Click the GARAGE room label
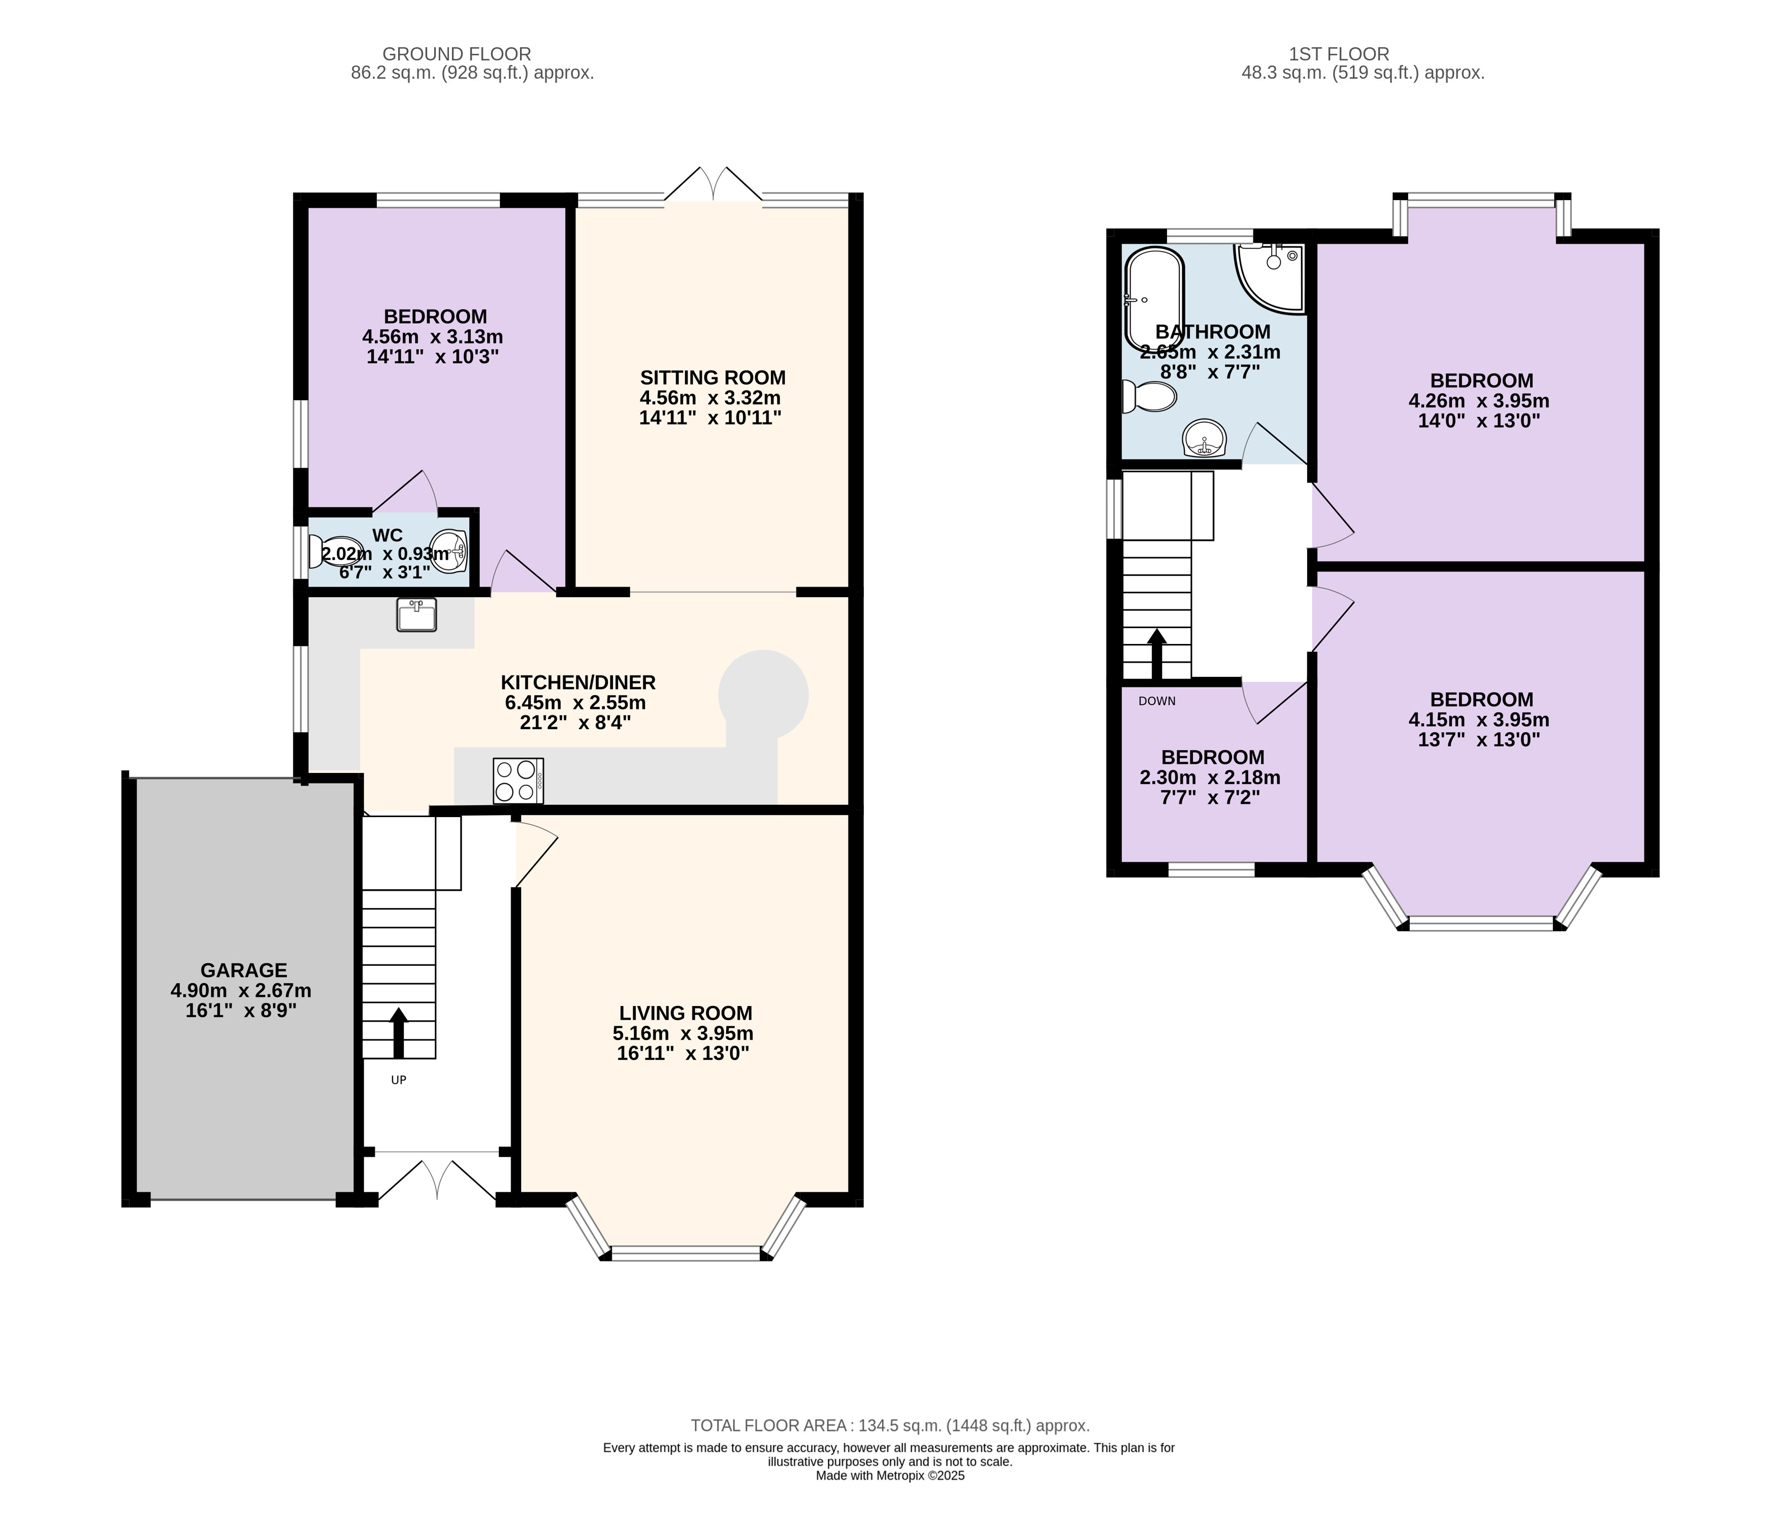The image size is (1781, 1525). coord(243,969)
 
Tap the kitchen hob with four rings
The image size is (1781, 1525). coord(519,781)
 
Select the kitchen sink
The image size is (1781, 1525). coord(417,614)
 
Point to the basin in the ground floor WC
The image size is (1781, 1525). coord(449,551)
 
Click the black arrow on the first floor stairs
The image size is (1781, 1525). coord(1157,654)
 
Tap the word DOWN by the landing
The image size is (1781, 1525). coord(1157,701)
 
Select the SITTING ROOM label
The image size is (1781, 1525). coord(713,377)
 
